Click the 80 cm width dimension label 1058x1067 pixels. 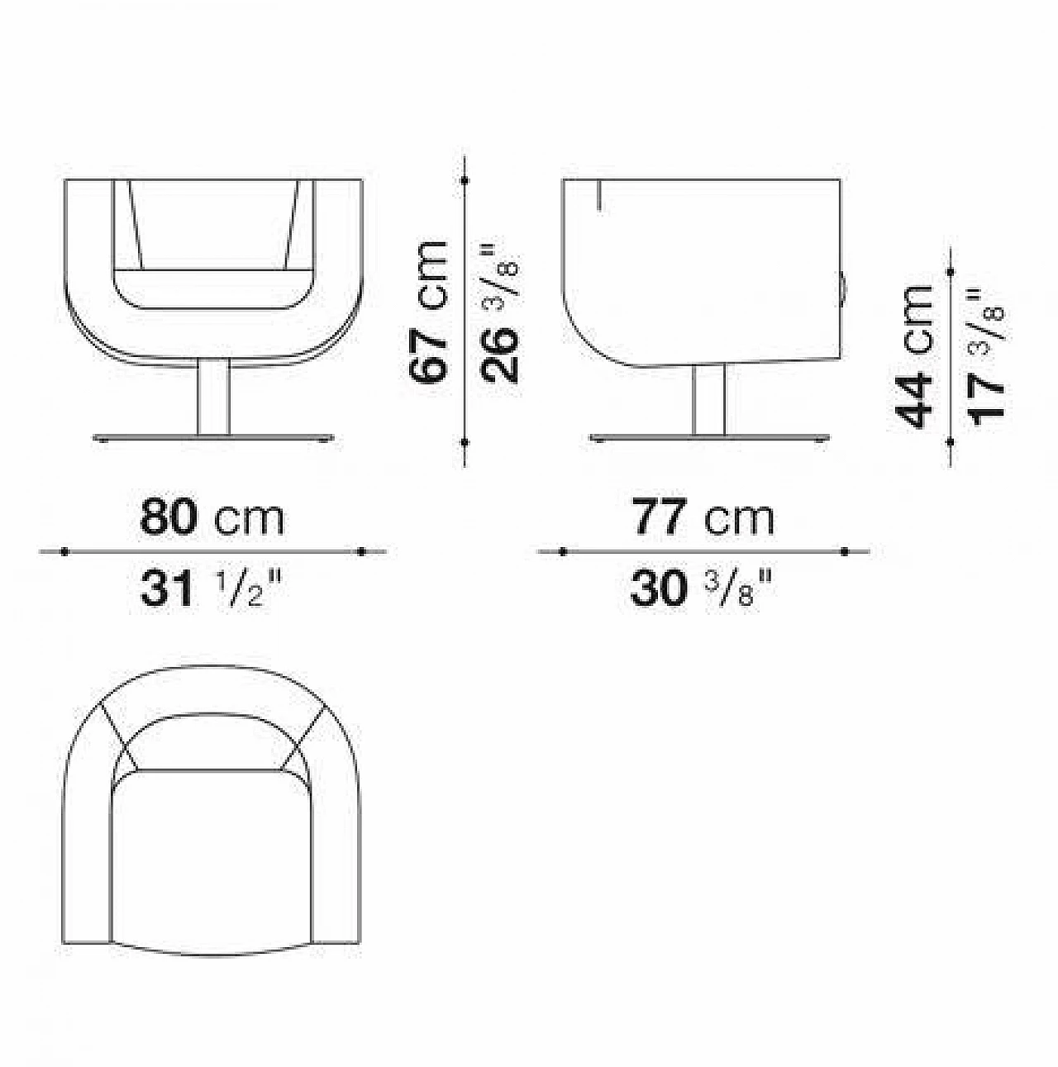(212, 517)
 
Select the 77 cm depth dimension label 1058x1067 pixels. (703, 517)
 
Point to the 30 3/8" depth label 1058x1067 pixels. (701, 588)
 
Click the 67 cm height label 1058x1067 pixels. (427, 312)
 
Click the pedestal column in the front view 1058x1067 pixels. (214, 396)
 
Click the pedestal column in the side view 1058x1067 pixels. (708, 399)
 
